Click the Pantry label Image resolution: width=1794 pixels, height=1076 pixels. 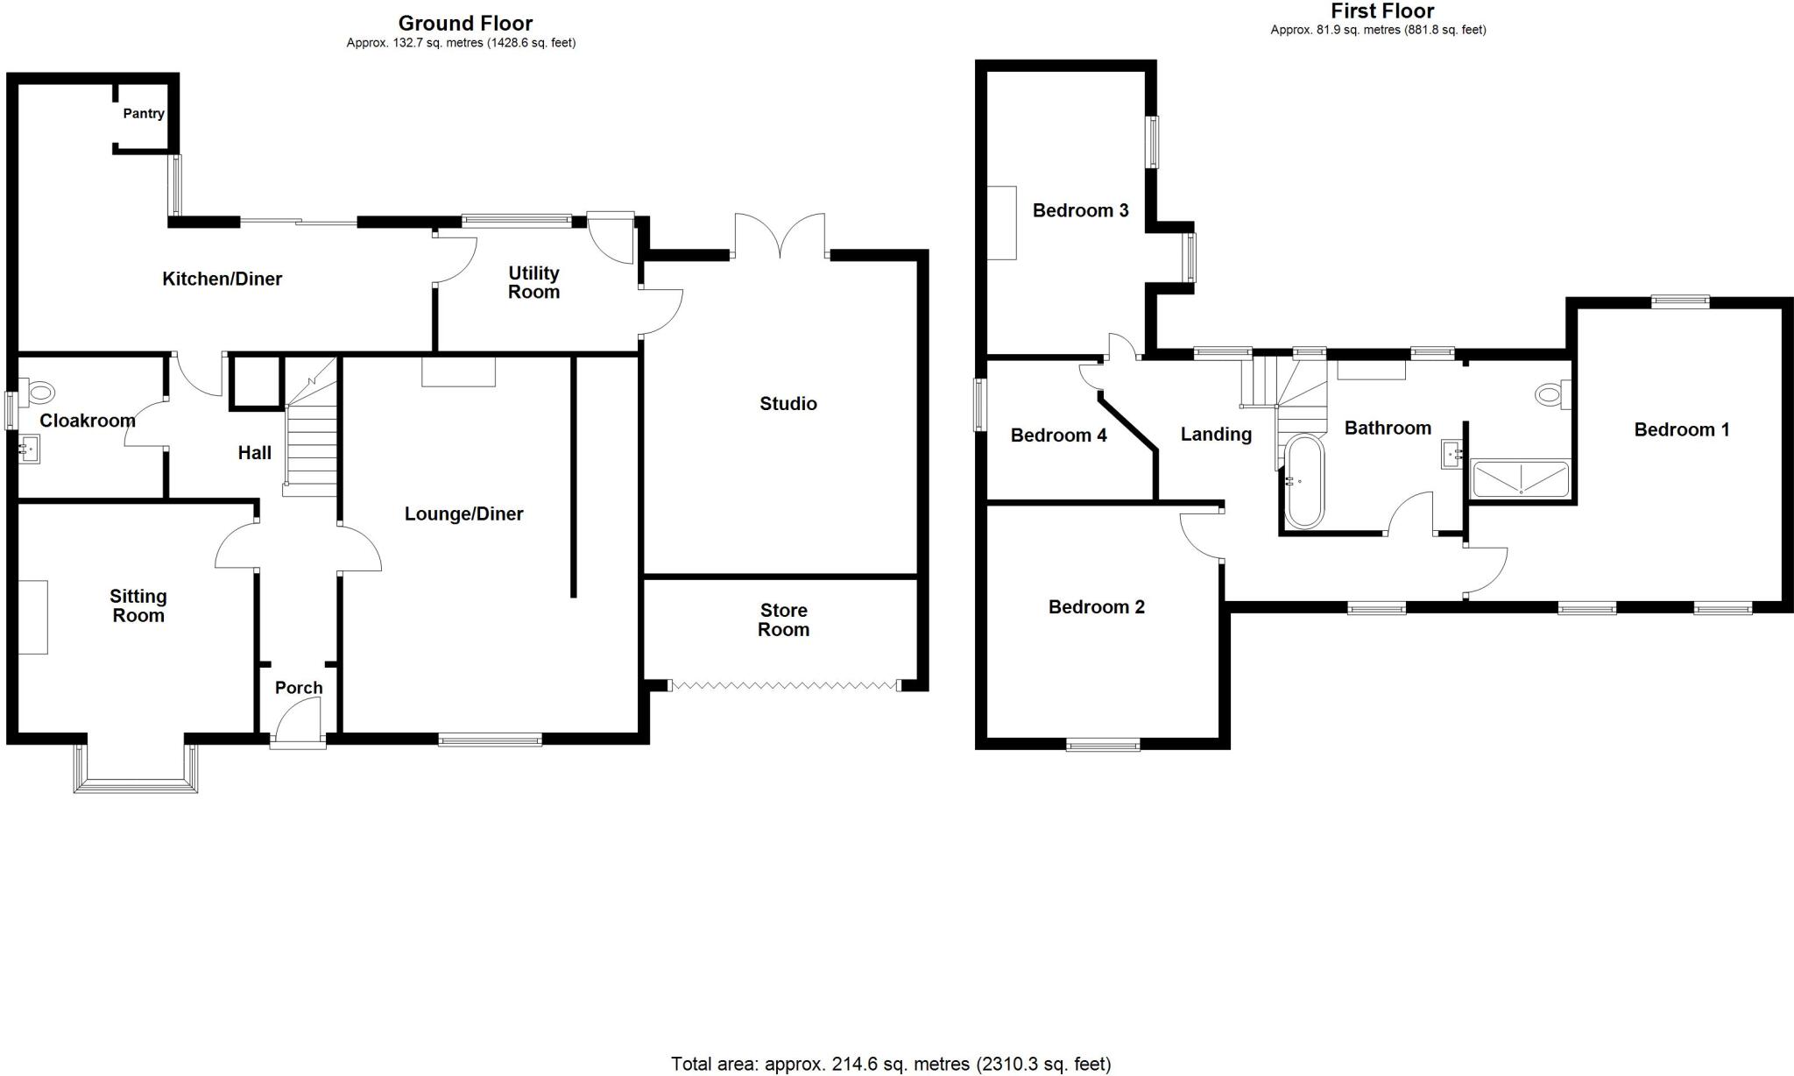click(x=144, y=114)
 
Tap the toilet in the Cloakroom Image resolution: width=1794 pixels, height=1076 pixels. click(x=39, y=390)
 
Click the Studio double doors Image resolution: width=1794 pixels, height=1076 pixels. click(x=780, y=237)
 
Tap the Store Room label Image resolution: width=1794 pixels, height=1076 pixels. click(x=783, y=620)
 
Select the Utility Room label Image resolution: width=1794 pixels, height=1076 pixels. click(x=533, y=283)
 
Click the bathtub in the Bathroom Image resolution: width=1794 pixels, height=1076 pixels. click(x=1304, y=481)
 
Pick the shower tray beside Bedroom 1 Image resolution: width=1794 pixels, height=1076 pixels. click(x=1521, y=478)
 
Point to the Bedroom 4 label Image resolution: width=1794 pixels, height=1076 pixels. click(x=1058, y=435)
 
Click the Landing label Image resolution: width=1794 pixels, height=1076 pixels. click(x=1216, y=435)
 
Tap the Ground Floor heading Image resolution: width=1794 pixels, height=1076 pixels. click(x=465, y=24)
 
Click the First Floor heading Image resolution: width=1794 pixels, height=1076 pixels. click(x=1382, y=11)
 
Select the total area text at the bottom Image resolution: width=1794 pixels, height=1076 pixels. click(x=891, y=1064)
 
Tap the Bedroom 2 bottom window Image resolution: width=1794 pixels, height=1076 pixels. click(x=1103, y=745)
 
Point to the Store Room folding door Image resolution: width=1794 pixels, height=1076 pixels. click(x=784, y=685)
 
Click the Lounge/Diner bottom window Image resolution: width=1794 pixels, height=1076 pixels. click(x=490, y=740)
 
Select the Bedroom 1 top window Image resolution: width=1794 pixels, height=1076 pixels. click(x=1680, y=302)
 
